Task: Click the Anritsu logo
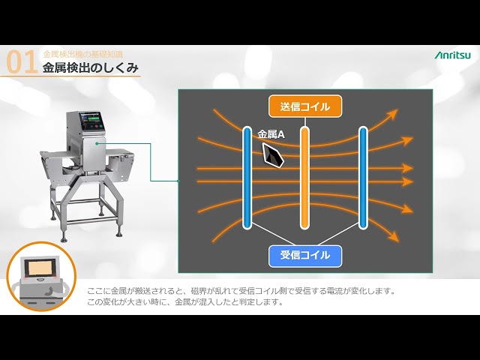[453, 55]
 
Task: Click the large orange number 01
[21, 64]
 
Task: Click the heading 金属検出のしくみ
[91, 68]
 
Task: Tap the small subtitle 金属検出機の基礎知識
[82, 54]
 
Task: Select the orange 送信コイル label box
[304, 106]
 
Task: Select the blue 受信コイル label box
[304, 256]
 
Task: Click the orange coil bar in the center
[304, 178]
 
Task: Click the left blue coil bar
[247, 178]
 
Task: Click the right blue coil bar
[363, 178]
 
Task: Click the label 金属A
[271, 135]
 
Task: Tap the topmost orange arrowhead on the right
[391, 114]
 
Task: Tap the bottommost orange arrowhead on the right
[394, 238]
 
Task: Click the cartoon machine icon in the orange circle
[40, 276]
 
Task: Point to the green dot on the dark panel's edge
[178, 181]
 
